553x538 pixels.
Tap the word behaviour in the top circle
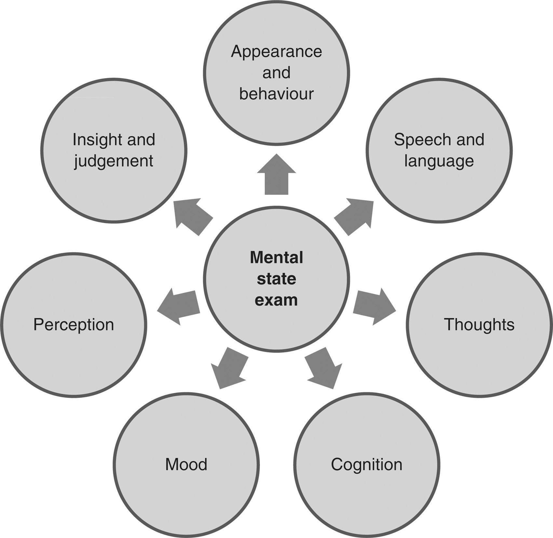click(276, 94)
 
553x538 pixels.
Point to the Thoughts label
click(479, 324)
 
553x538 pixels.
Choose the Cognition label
click(366, 464)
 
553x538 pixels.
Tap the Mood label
click(186, 464)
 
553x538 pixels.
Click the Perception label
click(74, 324)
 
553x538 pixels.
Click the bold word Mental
click(276, 257)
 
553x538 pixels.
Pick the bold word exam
click(276, 300)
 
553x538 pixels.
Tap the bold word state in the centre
click(276, 279)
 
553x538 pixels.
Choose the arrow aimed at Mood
click(229, 368)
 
